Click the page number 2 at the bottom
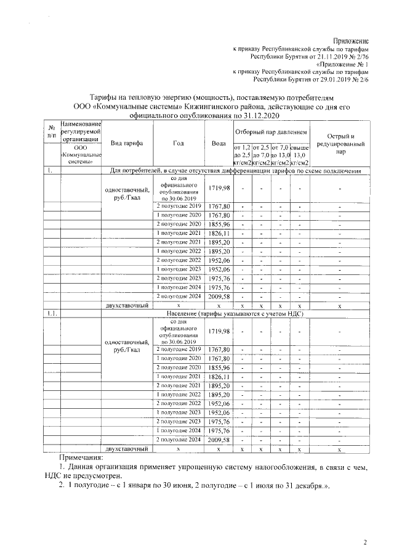tap(365, 542)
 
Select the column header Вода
tap(219, 143)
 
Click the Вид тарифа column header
tap(127, 143)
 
